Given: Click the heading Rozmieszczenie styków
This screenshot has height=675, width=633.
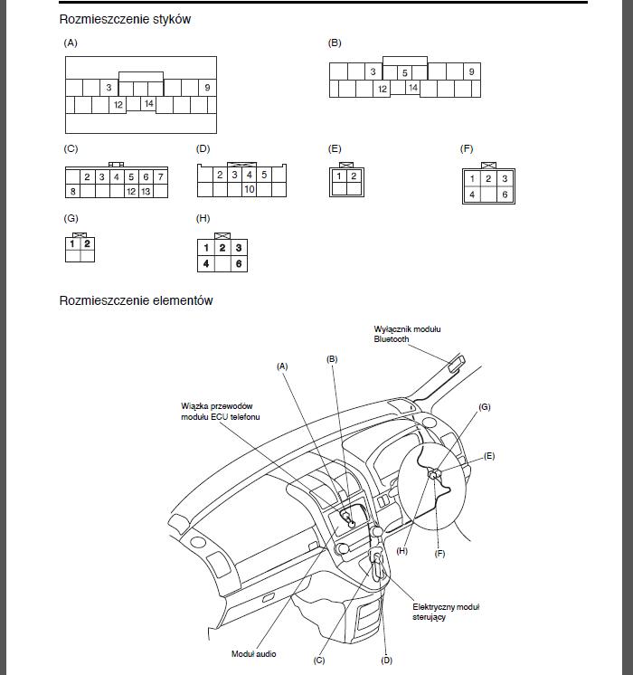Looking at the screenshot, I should point(125,19).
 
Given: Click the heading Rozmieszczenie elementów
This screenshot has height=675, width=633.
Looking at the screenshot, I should point(136,300).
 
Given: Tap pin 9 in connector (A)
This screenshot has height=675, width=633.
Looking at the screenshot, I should point(207,88).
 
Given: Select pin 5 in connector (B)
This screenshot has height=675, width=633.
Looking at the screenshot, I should point(404,72).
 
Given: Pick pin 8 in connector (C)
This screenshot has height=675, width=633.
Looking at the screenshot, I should point(72,191).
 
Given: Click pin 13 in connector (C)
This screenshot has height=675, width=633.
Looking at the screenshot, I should point(146,191).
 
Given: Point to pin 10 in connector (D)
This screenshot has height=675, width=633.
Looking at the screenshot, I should point(249,189).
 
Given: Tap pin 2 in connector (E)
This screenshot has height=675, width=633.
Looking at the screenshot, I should point(354,176).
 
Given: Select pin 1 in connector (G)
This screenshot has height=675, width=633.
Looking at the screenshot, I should point(72,242).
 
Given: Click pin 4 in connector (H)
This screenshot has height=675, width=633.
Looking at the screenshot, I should point(206,263).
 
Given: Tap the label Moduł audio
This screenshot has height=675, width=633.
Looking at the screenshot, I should point(254,653).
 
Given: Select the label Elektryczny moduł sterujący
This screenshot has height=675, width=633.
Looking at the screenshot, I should point(446,612).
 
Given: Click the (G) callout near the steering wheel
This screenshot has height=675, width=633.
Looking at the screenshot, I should point(484,407).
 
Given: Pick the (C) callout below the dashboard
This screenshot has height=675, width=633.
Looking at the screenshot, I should point(319,660).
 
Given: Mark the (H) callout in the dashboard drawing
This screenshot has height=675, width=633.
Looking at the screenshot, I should point(402,551).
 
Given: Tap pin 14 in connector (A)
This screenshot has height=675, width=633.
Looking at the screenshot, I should point(149,104).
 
